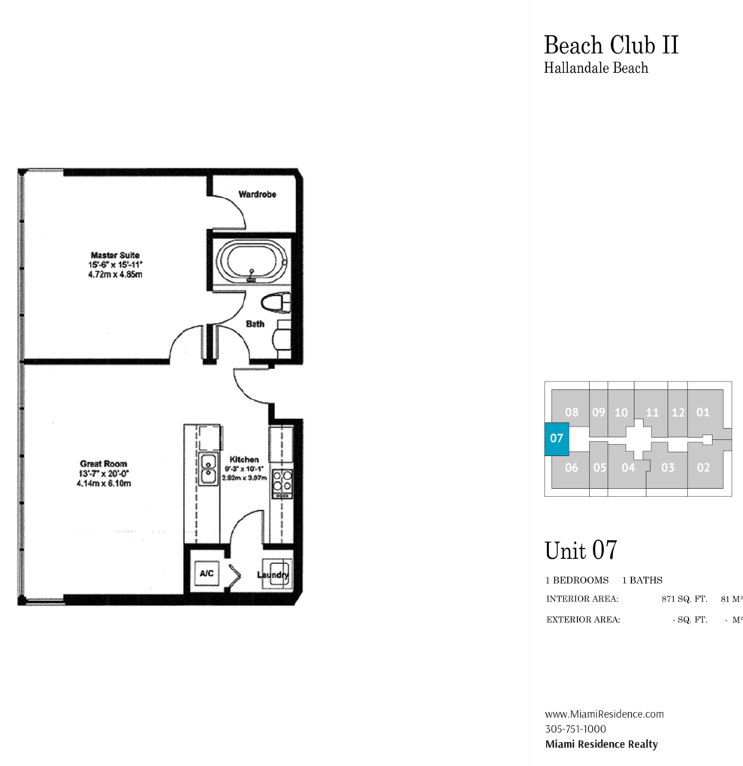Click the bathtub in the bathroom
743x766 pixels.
pos(252,261)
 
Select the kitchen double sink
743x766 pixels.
pos(209,469)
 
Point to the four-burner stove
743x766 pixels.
pos(282,484)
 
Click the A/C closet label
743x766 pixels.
pos(207,572)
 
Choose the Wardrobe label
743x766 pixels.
pos(257,195)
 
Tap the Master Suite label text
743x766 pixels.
pos(116,255)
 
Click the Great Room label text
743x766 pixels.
pos(104,463)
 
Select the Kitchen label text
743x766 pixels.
pos(244,460)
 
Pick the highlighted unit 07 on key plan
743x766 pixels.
pos(557,439)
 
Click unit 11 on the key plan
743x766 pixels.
pos(652,412)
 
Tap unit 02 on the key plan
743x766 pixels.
pos(703,468)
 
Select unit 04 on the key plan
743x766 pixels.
pos(628,468)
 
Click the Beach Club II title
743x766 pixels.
pos(612,45)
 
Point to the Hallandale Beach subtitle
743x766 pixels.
pos(597,68)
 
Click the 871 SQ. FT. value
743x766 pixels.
pos(684,599)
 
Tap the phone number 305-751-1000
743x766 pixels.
pos(575,729)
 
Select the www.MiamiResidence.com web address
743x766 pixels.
pos(605,713)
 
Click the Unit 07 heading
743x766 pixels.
pos(581,550)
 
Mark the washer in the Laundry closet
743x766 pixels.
pos(277,574)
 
